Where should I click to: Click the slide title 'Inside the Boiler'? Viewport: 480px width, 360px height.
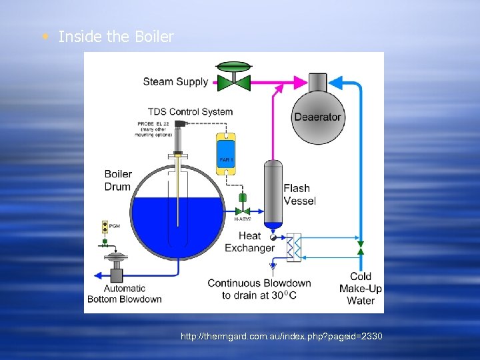coord(115,37)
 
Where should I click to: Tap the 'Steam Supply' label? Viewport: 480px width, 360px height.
coord(175,82)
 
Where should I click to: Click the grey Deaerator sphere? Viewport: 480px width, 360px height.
coord(317,117)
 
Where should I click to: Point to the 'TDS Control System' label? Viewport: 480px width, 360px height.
coord(190,111)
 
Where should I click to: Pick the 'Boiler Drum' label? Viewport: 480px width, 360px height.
coord(118,181)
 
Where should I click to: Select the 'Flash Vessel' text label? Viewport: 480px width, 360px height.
coord(299,194)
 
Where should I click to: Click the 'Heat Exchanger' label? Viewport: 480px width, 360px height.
coord(249,241)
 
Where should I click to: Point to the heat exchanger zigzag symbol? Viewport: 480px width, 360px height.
coord(293,247)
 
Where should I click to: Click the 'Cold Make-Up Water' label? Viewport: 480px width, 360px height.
coord(361,288)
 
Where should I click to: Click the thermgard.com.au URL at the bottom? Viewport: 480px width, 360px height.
coord(281,337)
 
